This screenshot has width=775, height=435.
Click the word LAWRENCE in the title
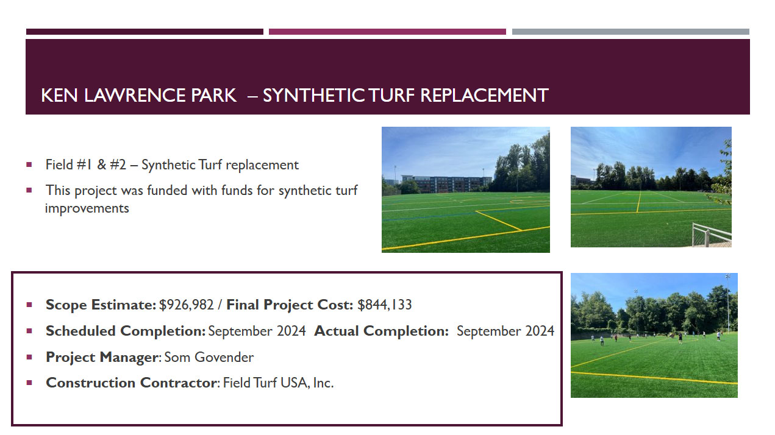point(135,96)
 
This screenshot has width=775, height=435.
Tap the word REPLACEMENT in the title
point(484,96)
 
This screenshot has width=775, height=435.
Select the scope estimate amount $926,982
point(187,305)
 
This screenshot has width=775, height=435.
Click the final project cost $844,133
point(384,305)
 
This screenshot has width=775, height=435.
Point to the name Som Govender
point(209,357)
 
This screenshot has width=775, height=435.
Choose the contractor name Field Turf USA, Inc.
point(278,383)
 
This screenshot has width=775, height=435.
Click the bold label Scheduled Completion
point(126,331)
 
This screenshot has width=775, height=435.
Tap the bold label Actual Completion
point(381,331)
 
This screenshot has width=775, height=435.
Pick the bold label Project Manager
point(103,358)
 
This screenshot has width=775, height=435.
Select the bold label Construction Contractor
point(132,383)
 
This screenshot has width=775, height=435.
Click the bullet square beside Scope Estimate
point(29,305)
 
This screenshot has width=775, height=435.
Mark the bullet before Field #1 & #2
point(29,164)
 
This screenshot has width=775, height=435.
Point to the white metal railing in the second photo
point(712,235)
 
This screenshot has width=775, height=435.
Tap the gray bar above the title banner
point(630,32)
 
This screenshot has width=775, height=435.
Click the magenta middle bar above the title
point(387,32)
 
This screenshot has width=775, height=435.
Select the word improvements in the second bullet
point(87,208)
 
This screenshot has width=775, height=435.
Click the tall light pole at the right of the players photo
point(728,303)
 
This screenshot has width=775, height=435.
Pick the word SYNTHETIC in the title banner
point(314,96)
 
